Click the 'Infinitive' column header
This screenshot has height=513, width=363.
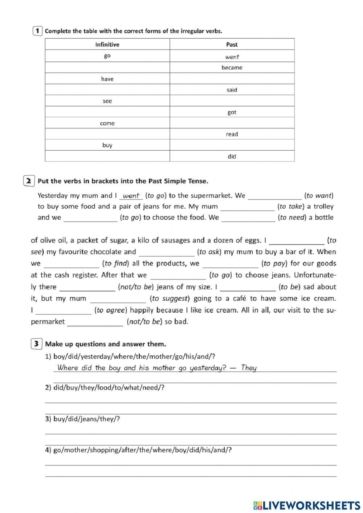[107, 45]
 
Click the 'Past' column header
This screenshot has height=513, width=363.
[232, 45]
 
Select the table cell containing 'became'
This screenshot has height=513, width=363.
[232, 68]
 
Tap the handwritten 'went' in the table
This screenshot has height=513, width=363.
[232, 57]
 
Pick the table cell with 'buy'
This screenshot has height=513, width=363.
[107, 145]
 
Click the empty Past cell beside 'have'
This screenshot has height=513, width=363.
[232, 79]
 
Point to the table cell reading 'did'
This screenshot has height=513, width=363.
[232, 156]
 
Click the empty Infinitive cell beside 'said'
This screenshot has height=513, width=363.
[107, 90]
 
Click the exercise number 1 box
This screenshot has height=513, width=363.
[37, 31]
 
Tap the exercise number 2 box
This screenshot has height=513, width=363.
[29, 181]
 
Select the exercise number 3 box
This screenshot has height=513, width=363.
[36, 344]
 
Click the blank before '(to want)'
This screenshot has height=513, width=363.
[275, 196]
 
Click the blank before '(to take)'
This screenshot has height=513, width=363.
[247, 207]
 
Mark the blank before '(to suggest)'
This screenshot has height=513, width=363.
[118, 299]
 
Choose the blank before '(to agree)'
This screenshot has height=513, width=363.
[64, 310]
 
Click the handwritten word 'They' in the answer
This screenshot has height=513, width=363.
[249, 368]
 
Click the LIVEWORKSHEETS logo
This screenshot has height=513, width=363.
[307, 505]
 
